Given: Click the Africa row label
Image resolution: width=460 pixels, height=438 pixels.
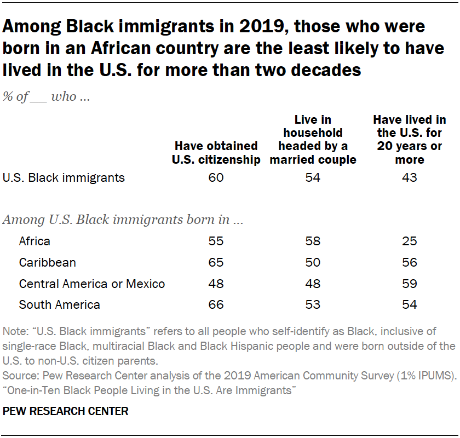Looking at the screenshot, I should [x=34, y=241].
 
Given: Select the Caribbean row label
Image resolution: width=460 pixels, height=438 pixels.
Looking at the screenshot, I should [x=47, y=263].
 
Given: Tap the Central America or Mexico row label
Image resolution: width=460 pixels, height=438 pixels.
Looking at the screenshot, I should [x=92, y=284].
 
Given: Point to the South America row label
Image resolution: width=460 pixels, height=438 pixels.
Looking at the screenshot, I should [x=59, y=305].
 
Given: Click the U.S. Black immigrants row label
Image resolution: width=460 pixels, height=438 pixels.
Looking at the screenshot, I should [x=64, y=178].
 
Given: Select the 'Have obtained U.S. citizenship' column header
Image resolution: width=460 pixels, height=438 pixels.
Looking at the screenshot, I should [x=216, y=153].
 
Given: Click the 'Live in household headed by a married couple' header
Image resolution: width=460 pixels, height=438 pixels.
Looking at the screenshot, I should [x=313, y=140].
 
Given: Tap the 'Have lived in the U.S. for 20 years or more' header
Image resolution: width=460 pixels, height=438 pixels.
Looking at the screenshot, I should [x=409, y=140].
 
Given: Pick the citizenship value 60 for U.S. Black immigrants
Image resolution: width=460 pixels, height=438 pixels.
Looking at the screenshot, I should [x=216, y=178].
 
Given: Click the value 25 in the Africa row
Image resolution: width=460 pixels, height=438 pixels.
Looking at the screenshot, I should [x=409, y=241].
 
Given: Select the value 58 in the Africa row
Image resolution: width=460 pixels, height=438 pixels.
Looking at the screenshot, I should [x=313, y=241].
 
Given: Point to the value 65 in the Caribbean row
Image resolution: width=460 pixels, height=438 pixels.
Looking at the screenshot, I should [x=216, y=263].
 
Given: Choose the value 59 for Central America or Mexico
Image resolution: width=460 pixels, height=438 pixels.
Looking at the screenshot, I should [x=409, y=284].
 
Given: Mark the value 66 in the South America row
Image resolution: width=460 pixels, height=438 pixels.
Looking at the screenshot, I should [x=216, y=305].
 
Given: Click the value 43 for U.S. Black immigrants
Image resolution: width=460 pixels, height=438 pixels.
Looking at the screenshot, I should [x=409, y=178].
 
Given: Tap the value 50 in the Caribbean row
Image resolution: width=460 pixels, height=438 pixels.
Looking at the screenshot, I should [x=313, y=263].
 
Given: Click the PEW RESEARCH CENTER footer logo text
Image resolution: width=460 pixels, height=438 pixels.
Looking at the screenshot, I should [x=66, y=411].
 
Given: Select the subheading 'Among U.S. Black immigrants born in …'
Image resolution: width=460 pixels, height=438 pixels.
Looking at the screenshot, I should [x=123, y=221].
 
